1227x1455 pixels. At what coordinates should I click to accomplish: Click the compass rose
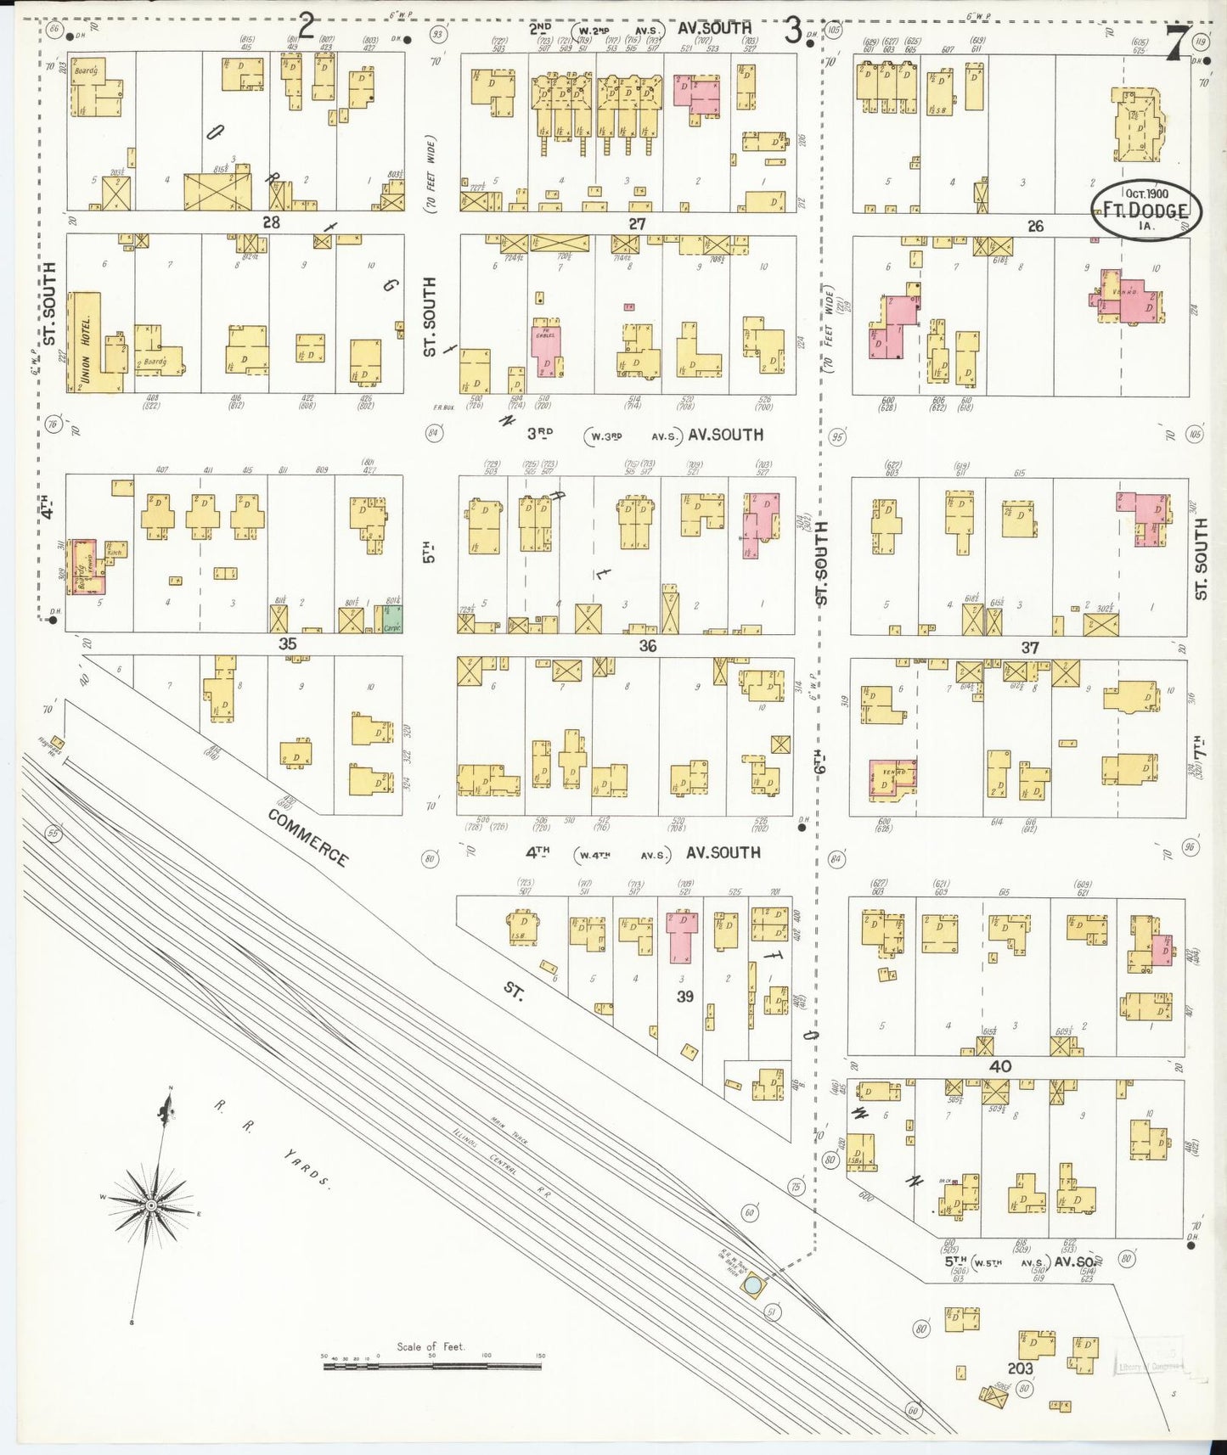pos(150,1205)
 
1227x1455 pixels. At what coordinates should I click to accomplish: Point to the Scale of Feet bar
pos(433,1368)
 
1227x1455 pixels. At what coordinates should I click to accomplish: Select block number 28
pos(271,222)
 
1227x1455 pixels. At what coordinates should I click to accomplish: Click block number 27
pos(637,224)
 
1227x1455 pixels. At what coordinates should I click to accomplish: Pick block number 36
pos(647,646)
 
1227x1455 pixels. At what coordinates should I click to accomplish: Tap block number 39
pos(685,997)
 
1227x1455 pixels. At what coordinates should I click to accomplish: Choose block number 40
pos(1000,1066)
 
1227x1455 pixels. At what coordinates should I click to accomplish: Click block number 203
pos(1020,1368)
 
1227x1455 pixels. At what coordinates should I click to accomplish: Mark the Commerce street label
pos(307,838)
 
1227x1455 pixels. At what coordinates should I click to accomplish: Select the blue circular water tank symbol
pos(752,1287)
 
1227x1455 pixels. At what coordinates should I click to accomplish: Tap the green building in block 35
pos(391,619)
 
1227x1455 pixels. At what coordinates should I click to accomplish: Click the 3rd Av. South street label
pos(645,435)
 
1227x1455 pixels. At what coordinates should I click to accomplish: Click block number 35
pos(288,643)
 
